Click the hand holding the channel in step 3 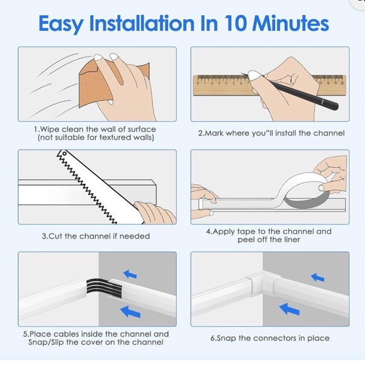(x=155, y=213)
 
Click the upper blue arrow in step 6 (x=318, y=276)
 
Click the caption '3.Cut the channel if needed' (x=96, y=236)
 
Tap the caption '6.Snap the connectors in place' (x=270, y=338)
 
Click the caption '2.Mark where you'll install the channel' (x=271, y=133)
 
